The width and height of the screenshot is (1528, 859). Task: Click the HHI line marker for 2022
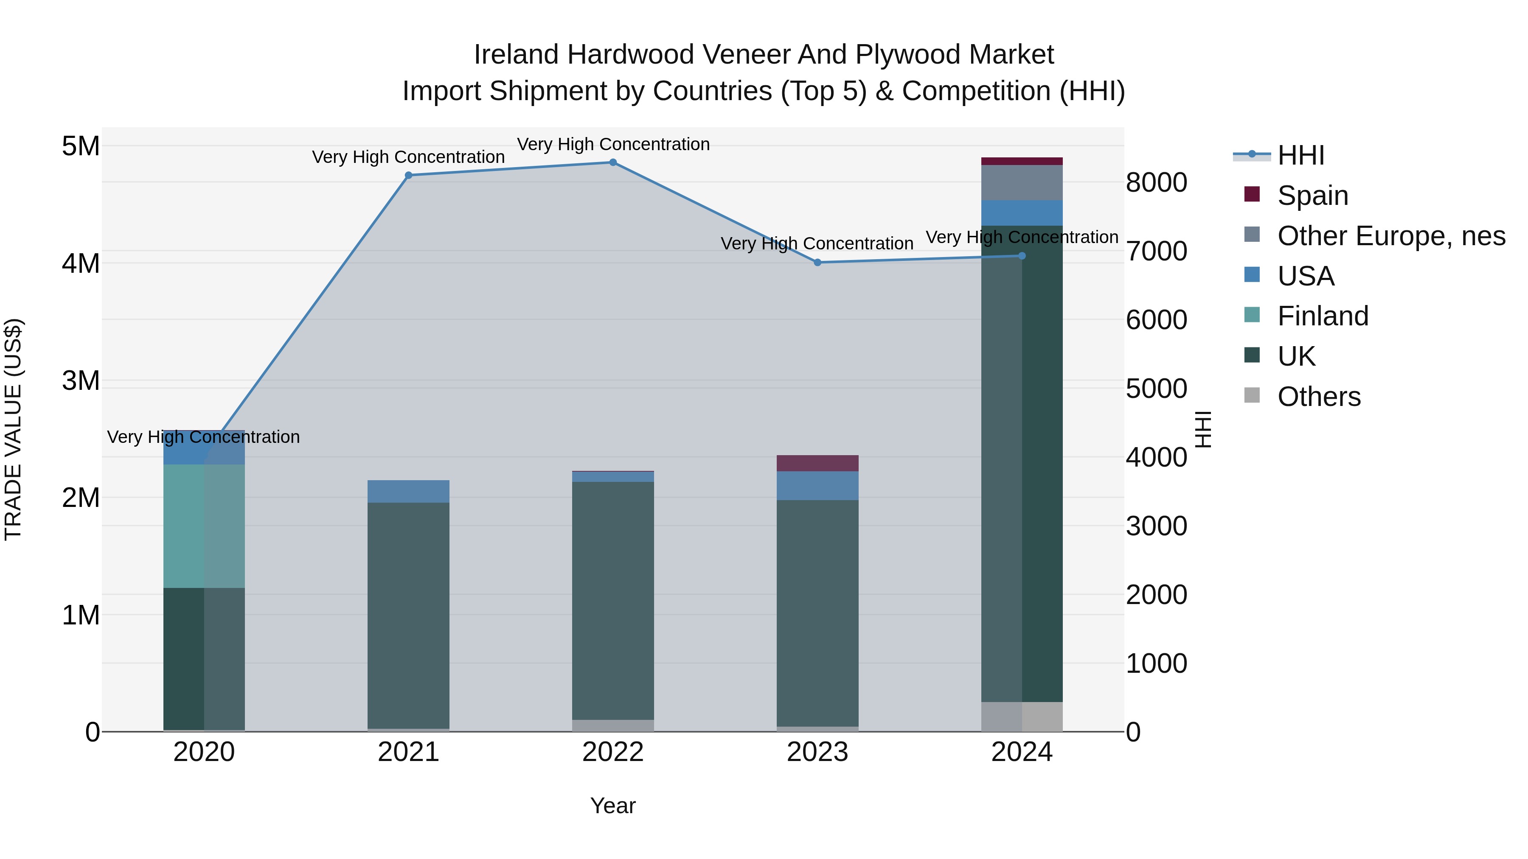coord(613,162)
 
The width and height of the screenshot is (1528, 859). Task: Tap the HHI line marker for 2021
coord(408,176)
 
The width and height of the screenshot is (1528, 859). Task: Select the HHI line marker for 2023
coord(817,263)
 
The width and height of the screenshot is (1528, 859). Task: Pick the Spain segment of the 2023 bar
coord(817,463)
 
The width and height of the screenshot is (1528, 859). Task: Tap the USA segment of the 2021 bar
coord(408,492)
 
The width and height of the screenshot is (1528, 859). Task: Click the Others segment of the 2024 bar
coord(1022,717)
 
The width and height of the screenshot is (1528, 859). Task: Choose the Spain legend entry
coord(1312,196)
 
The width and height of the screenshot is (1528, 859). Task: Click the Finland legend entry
coord(1322,316)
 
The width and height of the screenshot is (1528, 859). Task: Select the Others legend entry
coord(1319,397)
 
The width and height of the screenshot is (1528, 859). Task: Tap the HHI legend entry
coord(1300,155)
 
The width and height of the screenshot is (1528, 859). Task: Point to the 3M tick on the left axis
coord(81,381)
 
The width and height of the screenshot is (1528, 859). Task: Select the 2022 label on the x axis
coord(613,752)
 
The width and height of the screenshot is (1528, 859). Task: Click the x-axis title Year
coord(613,806)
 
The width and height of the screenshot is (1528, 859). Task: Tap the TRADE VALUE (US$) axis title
coord(13,429)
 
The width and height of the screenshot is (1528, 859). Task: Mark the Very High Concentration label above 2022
coord(613,144)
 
